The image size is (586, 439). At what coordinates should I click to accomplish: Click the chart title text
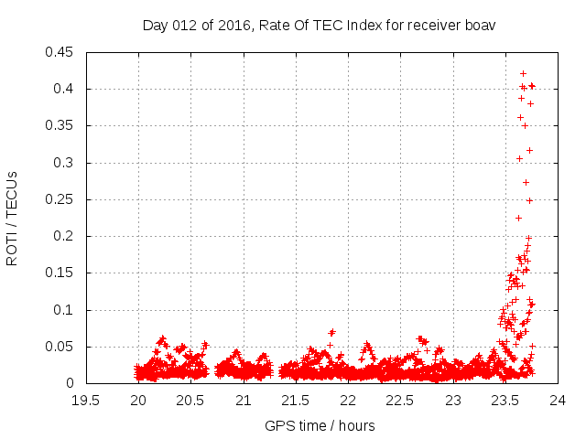tap(319, 25)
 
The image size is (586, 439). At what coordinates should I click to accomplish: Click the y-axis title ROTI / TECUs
tap(13, 217)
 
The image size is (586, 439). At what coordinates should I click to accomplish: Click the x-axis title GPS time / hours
tap(320, 425)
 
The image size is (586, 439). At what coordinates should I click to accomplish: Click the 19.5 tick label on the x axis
tap(86, 400)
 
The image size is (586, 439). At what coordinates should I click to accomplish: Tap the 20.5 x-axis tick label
tap(191, 400)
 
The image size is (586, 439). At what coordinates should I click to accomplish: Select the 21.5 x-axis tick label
tap(296, 400)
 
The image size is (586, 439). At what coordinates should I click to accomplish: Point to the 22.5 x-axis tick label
tap(401, 400)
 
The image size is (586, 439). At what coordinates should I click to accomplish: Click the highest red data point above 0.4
tap(523, 73)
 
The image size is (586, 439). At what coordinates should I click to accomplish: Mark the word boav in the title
tap(480, 25)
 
